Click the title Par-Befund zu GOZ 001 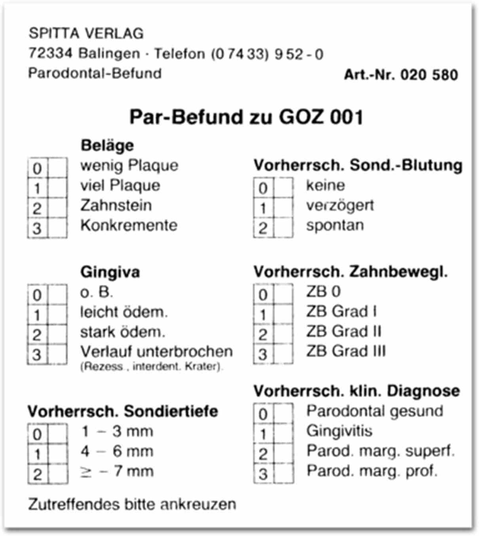246,117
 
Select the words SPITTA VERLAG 86,34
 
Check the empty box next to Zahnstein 57,208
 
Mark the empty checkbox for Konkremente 57,228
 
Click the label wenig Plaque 129,165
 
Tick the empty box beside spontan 283,228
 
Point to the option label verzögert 340,205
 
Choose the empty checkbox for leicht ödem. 57,315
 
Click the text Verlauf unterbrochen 156,352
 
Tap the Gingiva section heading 110,272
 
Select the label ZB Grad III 346,351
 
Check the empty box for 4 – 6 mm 58,454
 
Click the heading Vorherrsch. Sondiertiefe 123,411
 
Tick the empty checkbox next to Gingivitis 283,434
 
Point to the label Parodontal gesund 374,411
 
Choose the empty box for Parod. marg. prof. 283,473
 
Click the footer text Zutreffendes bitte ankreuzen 132,504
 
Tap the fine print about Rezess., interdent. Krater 152,367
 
